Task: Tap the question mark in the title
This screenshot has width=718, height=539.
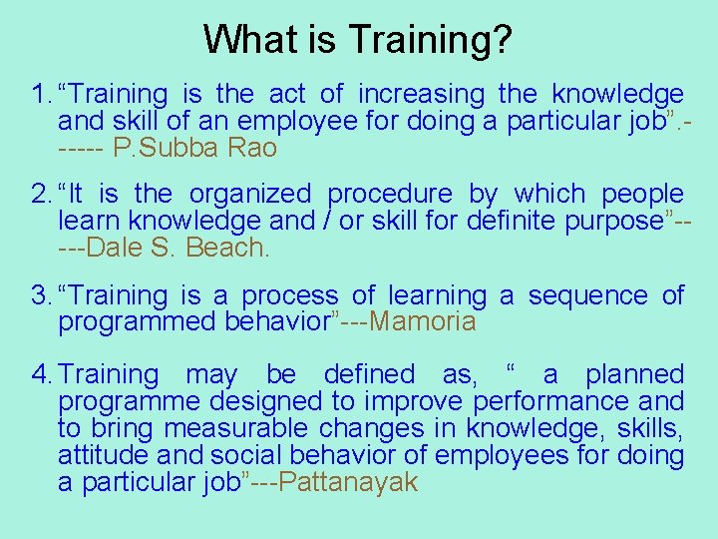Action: click(504, 40)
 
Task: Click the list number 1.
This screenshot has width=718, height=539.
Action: click(40, 95)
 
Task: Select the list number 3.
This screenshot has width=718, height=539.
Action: click(40, 296)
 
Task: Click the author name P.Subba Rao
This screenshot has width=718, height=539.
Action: click(195, 149)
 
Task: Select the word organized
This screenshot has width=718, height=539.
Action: click(250, 194)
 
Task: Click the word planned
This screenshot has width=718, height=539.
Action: click(634, 375)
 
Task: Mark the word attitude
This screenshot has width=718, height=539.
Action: click(98, 456)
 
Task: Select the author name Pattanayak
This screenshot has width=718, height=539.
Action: click(348, 483)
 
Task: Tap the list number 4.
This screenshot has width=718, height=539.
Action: click(40, 375)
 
